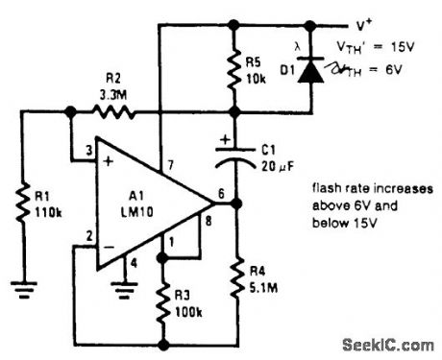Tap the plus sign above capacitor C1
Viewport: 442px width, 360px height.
pyautogui.click(x=224, y=140)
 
